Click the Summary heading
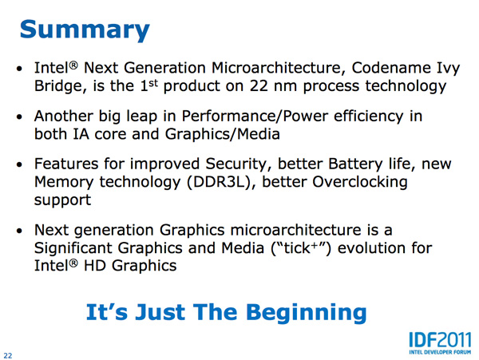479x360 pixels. pyautogui.click(x=85, y=30)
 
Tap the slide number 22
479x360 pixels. pyautogui.click(x=8, y=355)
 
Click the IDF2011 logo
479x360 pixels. pyautogui.click(x=440, y=343)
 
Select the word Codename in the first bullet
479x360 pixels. pyautogui.click(x=391, y=68)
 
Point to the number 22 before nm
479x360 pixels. pyautogui.click(x=259, y=85)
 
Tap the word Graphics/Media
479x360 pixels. pyautogui.click(x=223, y=134)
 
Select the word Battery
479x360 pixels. pyautogui.click(x=355, y=164)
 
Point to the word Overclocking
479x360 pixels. pyautogui.click(x=360, y=182)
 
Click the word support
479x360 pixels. pyautogui.click(x=62, y=201)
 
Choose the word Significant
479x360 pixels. pyautogui.click(x=73, y=248)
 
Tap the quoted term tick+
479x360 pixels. pyautogui.click(x=301, y=248)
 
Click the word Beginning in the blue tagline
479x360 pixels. pyautogui.click(x=306, y=313)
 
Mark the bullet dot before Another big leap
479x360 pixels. pyautogui.click(x=19, y=117)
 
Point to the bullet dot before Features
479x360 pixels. pyautogui.click(x=19, y=165)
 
